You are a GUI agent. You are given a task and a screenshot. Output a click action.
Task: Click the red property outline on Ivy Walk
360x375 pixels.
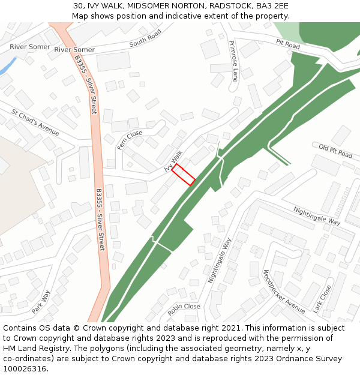pyautogui.click(x=184, y=175)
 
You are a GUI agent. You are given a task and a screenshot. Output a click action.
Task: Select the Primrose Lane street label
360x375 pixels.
pyautogui.click(x=233, y=61)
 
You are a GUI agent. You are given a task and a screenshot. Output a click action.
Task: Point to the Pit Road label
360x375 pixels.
pyautogui.click(x=288, y=44)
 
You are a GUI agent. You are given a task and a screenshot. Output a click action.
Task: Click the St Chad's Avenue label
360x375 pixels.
pyautogui.click(x=35, y=122)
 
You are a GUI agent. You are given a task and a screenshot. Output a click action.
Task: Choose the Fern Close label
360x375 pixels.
pyautogui.click(x=130, y=140)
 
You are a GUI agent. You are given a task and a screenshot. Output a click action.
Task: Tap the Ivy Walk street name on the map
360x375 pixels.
pyautogui.click(x=173, y=161)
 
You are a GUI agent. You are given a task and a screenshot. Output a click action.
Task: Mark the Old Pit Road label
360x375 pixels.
pyautogui.click(x=335, y=151)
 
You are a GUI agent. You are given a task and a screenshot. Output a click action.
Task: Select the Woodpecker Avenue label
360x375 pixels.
pyautogui.click(x=284, y=291)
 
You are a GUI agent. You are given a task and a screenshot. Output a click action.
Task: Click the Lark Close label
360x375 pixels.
pyautogui.click(x=322, y=299)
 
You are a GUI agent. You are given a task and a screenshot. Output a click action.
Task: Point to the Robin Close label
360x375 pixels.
pyautogui.click(x=184, y=307)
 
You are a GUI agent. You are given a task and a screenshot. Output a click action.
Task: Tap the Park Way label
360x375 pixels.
pyautogui.click(x=41, y=302)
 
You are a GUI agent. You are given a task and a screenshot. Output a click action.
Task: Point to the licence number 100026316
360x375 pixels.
pyautogui.click(x=25, y=369)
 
